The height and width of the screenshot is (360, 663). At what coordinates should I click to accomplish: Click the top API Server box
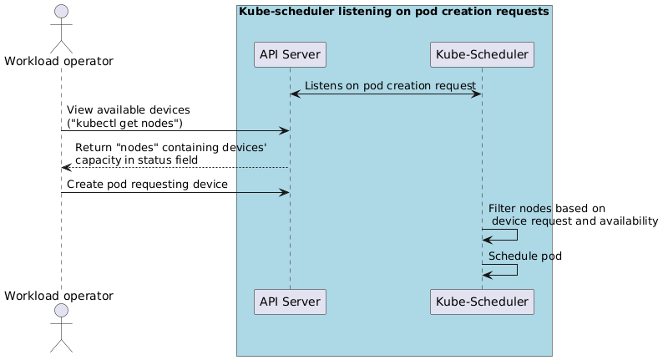[x=289, y=55]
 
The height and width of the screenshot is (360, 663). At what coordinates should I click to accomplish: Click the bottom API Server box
[x=289, y=302]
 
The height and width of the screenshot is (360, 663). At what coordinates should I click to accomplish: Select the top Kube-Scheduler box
[x=481, y=55]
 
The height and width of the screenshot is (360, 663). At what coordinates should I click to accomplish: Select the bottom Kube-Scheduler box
[x=481, y=302]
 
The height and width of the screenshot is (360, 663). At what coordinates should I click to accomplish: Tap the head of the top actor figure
[x=61, y=15]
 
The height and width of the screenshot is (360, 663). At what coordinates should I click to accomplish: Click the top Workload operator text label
[x=59, y=60]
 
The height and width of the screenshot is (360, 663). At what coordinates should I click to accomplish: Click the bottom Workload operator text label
[x=59, y=295]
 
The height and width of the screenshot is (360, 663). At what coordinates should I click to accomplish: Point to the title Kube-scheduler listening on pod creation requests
[x=393, y=12]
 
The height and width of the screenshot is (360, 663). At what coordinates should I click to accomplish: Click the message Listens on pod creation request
[x=390, y=86]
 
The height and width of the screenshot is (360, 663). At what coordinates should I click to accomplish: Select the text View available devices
[x=128, y=110]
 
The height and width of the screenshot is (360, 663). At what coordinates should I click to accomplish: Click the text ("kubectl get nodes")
[x=124, y=124]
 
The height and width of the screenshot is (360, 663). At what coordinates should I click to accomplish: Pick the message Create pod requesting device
[x=147, y=185]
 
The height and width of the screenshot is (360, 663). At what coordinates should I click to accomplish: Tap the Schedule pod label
[x=524, y=256]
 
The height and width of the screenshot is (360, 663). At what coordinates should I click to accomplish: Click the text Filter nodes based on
[x=546, y=207]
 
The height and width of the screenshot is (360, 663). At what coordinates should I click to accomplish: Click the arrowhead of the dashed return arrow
[x=67, y=168]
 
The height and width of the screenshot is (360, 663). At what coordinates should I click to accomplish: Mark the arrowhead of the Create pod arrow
[x=284, y=192]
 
